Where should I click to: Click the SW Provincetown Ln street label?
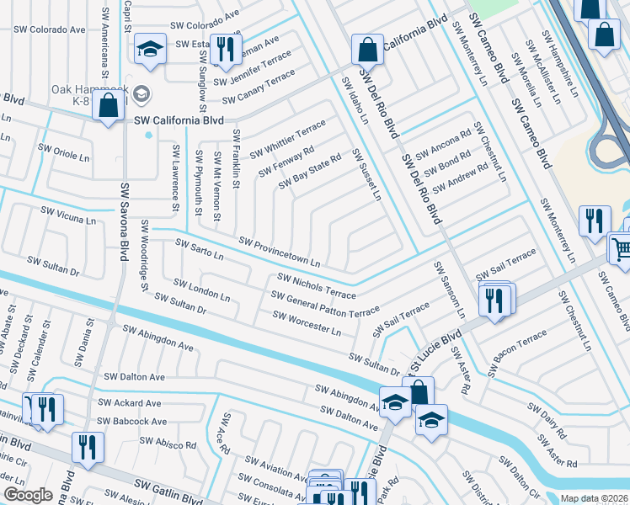click(280, 252)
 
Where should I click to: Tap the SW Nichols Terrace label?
click(317, 286)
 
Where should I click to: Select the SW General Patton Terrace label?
click(325, 304)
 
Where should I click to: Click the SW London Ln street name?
click(201, 290)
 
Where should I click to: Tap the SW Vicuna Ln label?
click(68, 215)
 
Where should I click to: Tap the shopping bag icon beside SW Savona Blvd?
click(108, 107)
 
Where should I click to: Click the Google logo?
click(28, 495)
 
